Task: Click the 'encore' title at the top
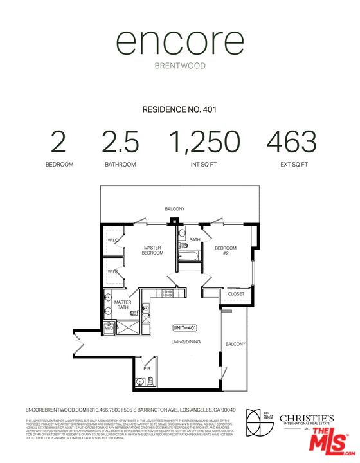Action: pos(180,44)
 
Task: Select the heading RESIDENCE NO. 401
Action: pos(180,110)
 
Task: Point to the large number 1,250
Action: pos(204,141)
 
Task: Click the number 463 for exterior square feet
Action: pos(292,141)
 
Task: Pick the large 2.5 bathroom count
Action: pos(120,141)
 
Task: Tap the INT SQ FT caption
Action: pos(204,165)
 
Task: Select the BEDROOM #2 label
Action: pos(226,251)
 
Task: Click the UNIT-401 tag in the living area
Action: pos(184,328)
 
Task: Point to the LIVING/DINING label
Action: pos(184,341)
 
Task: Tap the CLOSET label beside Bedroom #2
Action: pos(236,294)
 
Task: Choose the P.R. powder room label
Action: pos(147,370)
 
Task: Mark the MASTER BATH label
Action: pos(123,305)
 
